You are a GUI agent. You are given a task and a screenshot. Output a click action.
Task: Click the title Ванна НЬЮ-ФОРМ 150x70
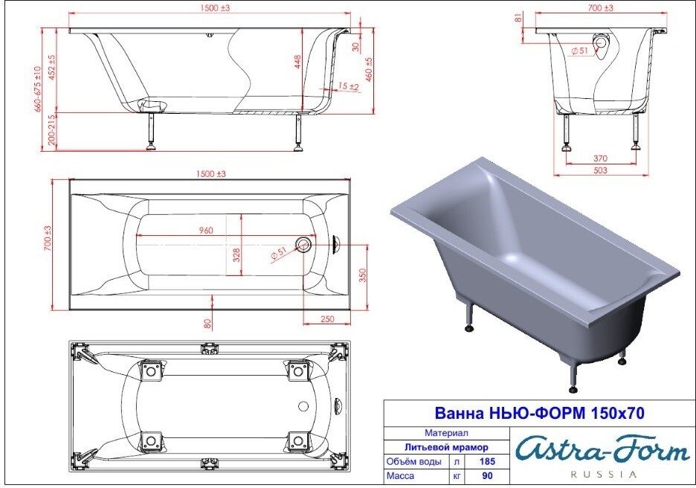[x=539, y=413]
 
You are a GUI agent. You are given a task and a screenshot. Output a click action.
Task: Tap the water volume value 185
[x=487, y=461]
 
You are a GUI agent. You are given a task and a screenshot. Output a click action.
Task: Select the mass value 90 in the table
[x=487, y=475]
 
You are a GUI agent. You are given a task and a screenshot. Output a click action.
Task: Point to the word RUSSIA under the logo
[x=603, y=474]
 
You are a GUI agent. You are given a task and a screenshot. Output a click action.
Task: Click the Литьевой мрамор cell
[x=446, y=447]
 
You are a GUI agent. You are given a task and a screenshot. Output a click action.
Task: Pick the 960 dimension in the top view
[x=206, y=230]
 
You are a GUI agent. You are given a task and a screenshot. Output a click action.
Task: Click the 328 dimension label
[x=236, y=255]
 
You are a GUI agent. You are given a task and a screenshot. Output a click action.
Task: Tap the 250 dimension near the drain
[x=327, y=318]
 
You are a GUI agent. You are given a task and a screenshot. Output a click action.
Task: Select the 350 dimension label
[x=363, y=275]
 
